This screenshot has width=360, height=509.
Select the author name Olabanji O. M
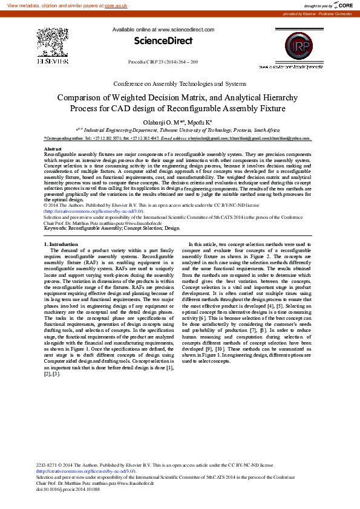(x=162, y=121)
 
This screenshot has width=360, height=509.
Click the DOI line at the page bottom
(x=68, y=488)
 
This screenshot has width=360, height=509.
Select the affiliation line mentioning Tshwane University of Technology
(x=182, y=130)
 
